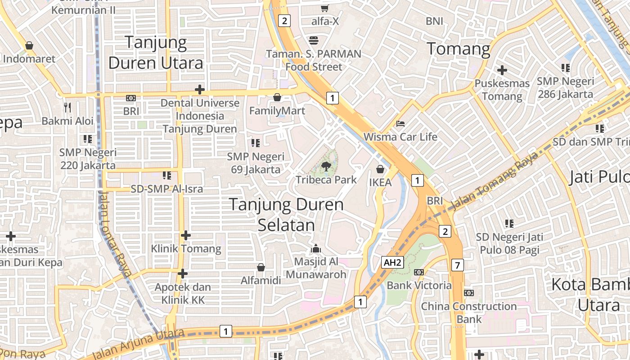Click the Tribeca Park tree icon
click(326, 166)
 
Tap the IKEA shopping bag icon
click(380, 170)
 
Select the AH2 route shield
click(392, 263)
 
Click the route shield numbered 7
click(458, 265)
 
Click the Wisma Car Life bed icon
click(400, 123)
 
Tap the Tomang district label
click(458, 49)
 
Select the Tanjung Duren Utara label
click(156, 53)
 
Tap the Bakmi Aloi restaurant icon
click(67, 108)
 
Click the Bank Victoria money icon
click(418, 272)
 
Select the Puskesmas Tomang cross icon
click(502, 70)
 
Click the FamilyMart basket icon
click(277, 97)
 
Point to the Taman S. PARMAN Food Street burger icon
click(314, 40)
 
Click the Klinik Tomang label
click(186, 248)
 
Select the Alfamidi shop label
click(261, 280)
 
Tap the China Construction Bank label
click(469, 313)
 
